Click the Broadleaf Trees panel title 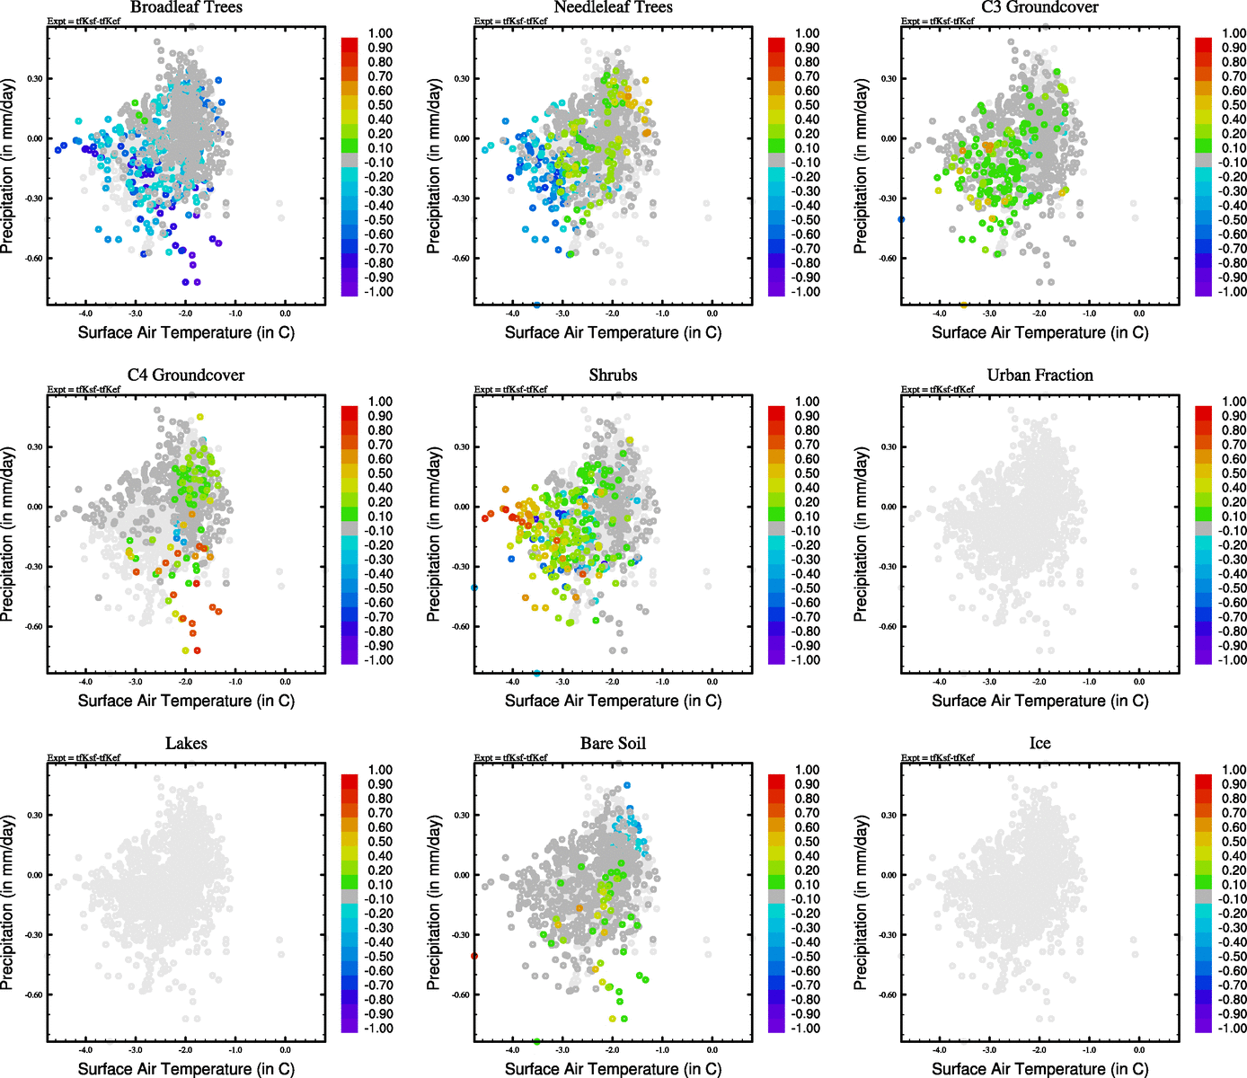pyautogui.click(x=186, y=7)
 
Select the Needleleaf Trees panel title pyautogui.click(x=613, y=7)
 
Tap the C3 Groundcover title pyautogui.click(x=1039, y=7)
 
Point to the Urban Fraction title pyautogui.click(x=1039, y=376)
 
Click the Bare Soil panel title pyautogui.click(x=613, y=744)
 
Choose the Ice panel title pyautogui.click(x=1039, y=744)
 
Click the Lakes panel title pyautogui.click(x=186, y=744)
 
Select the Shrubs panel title pyautogui.click(x=613, y=376)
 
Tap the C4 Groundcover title pyautogui.click(x=186, y=376)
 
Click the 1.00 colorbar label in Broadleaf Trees pyautogui.click(x=380, y=33)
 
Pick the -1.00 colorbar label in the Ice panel pyautogui.click(x=1232, y=1029)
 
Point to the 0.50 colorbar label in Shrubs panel pyautogui.click(x=807, y=473)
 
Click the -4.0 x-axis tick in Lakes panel pyautogui.click(x=85, y=1049)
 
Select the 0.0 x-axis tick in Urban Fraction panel pyautogui.click(x=1138, y=681)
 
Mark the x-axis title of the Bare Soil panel pyautogui.click(x=613, y=1069)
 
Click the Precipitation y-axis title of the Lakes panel pyautogui.click(x=8, y=903)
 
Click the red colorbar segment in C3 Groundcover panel pyautogui.click(x=1203, y=42)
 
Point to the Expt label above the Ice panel pyautogui.click(x=937, y=758)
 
